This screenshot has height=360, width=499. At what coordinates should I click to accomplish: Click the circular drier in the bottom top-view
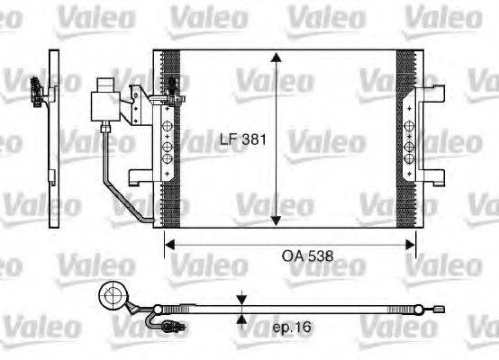pos(113,294)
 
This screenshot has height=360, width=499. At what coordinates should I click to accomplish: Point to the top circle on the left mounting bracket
pos(166,127)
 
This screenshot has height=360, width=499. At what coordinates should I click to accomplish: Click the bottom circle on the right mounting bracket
pos(408,158)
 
